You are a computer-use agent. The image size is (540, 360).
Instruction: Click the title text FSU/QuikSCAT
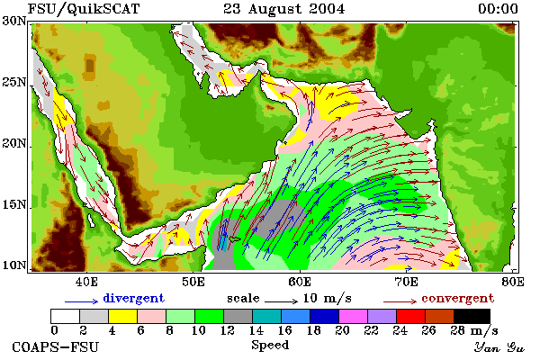[x=84, y=9]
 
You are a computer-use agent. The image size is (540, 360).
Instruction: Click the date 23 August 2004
[x=284, y=9]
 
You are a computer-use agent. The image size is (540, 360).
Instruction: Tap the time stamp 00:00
[x=498, y=9]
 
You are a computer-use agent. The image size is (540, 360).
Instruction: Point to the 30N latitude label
[x=13, y=21]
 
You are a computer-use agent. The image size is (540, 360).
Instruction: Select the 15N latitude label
[x=13, y=204]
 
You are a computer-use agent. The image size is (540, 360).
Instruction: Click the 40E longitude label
[x=86, y=282]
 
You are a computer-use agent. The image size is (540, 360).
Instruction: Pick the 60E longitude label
[x=300, y=282]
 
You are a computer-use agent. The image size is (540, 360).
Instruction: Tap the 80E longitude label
[x=513, y=282]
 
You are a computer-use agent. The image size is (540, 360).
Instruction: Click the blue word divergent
[x=133, y=298]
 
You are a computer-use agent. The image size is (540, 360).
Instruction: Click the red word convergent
[x=458, y=298]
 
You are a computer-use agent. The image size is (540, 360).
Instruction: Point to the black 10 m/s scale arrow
[x=281, y=301]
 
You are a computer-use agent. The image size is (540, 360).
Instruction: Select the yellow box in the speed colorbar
[x=123, y=316]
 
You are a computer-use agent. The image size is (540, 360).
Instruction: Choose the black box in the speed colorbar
[x=472, y=316]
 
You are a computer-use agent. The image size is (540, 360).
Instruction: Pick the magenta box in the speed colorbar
[x=354, y=316]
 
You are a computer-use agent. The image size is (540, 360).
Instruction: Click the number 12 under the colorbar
[x=228, y=330]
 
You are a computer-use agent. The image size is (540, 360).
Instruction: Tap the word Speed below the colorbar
[x=270, y=346]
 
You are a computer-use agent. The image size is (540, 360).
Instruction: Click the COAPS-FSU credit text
[x=56, y=346]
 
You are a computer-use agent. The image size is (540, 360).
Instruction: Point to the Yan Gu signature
[x=499, y=347]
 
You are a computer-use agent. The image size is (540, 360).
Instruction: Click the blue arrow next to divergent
[x=82, y=301]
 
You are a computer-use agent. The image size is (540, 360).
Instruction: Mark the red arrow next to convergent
[x=400, y=301]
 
